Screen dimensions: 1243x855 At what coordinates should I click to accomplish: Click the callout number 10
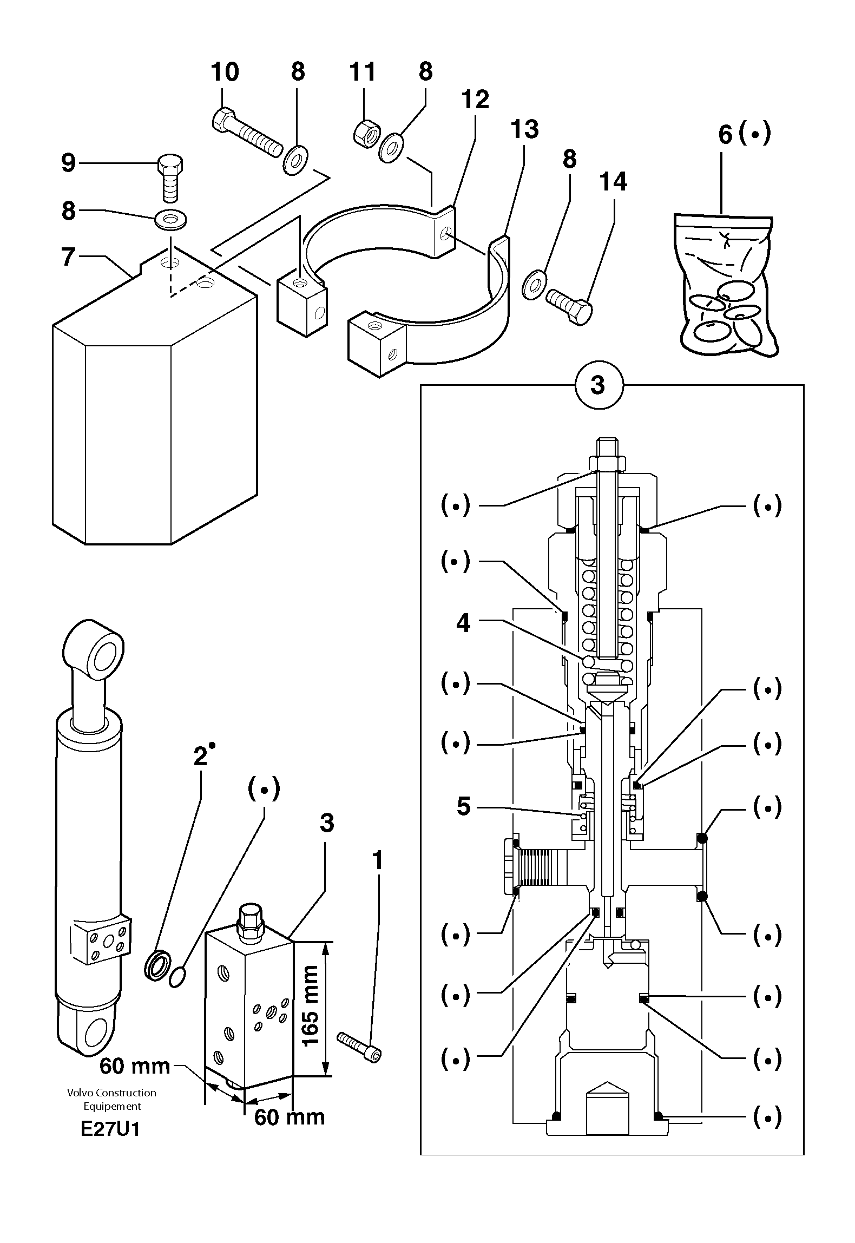pyautogui.click(x=225, y=72)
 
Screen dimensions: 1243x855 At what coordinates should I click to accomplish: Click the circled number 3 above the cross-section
pyautogui.click(x=598, y=385)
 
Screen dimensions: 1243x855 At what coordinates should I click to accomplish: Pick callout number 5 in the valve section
pyautogui.click(x=463, y=806)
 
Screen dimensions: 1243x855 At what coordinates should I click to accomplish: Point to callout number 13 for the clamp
pyautogui.click(x=524, y=130)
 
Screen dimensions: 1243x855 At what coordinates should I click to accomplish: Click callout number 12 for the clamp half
pyautogui.click(x=475, y=100)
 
